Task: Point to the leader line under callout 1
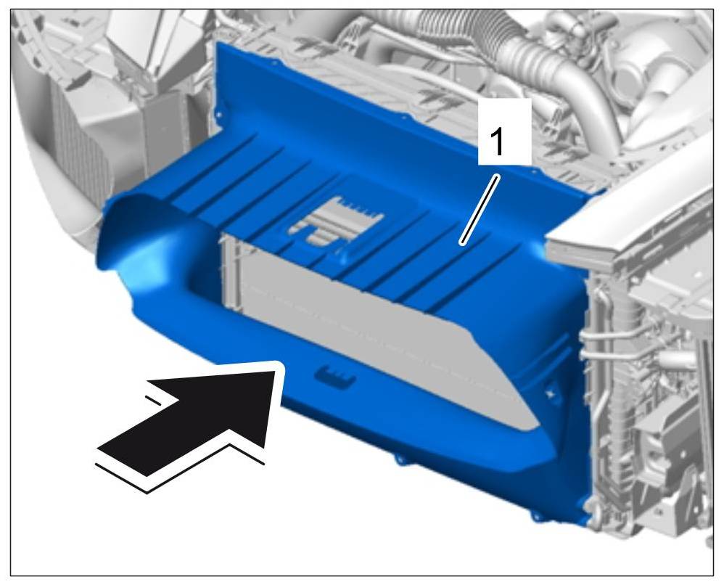479,209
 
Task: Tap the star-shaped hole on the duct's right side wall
550,393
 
